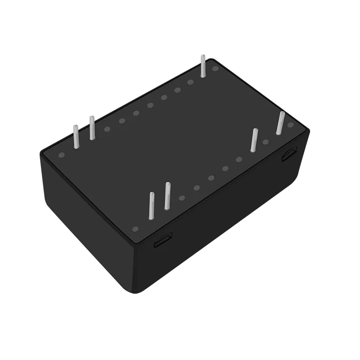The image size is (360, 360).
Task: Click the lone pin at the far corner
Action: [x=203, y=66]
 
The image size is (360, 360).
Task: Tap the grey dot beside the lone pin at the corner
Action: [x=215, y=69]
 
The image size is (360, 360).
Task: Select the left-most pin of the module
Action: [x=76, y=136]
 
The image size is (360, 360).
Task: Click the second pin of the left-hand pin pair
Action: [x=92, y=128]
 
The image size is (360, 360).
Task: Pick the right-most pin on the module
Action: [x=280, y=123]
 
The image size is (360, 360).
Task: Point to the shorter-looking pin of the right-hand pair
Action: [x=254, y=140]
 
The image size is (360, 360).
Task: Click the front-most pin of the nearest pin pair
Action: [x=152, y=206]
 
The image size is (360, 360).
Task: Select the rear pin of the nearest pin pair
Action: [x=167, y=196]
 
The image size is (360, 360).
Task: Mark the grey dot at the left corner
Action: [x=62, y=155]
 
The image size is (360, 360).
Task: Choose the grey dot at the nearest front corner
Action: [x=135, y=229]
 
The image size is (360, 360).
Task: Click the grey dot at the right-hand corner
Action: [x=291, y=125]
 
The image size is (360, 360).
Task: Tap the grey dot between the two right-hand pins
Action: [x=265, y=142]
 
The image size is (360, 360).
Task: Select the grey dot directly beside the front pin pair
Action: [x=182, y=198]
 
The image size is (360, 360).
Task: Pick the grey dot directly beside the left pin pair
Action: [x=107, y=129]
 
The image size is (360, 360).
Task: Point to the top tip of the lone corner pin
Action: [x=203, y=56]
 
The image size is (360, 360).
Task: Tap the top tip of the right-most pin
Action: [x=282, y=112]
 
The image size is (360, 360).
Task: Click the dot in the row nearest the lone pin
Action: [x=190, y=82]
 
